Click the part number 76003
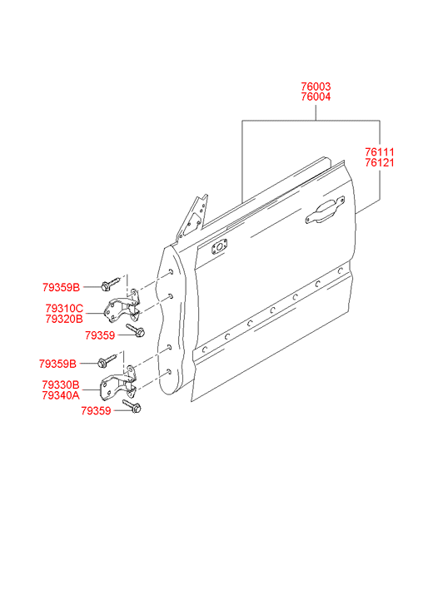coord(316,87)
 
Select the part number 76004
coord(316,97)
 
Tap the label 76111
coord(380,152)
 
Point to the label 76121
coord(380,163)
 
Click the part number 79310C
coord(64,309)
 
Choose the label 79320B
coord(64,319)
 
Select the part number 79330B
coord(61,384)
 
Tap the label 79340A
coord(61,395)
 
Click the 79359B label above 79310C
coord(61,287)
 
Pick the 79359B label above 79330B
coord(57,364)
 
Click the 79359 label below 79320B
coord(100,335)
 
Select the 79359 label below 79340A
coord(96,411)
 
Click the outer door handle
coord(325,211)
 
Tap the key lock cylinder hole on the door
coord(219,247)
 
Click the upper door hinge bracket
coord(122,307)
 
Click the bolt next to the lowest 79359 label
coord(132,406)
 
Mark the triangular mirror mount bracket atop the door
coord(193,218)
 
